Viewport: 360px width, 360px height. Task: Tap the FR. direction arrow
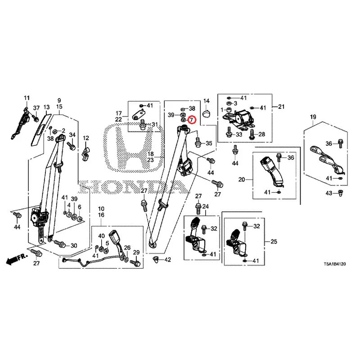(x=17, y=258)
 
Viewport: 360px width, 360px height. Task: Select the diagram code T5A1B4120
(x=334, y=264)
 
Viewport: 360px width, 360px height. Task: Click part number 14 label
(x=207, y=101)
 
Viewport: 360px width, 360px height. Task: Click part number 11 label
(x=27, y=98)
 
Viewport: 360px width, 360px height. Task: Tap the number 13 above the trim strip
(x=47, y=107)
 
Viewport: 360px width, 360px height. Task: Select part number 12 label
(x=86, y=138)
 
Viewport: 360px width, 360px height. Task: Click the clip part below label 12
(x=85, y=152)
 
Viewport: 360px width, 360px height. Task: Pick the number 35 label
(x=209, y=143)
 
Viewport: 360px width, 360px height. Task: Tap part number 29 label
(x=136, y=252)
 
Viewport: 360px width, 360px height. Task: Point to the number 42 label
(x=168, y=260)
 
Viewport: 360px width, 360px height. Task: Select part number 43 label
(x=329, y=193)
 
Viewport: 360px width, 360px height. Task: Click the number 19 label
(x=313, y=117)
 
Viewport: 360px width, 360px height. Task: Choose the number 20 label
(x=242, y=179)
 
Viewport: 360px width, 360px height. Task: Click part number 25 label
(x=274, y=241)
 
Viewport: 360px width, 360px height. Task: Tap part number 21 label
(x=281, y=107)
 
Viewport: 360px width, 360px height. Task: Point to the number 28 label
(x=262, y=134)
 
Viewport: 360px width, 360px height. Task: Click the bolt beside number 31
(x=143, y=126)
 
